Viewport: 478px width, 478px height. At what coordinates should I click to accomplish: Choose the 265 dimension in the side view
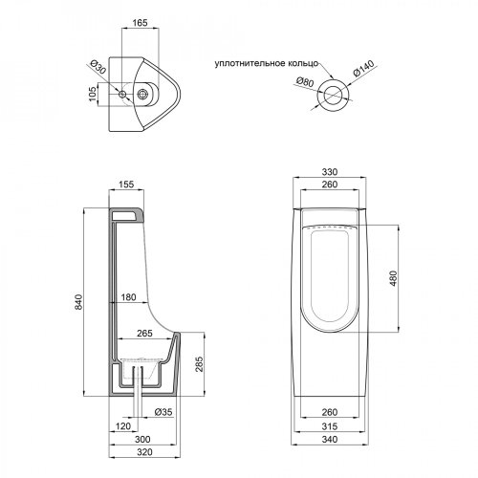pyautogui.click(x=146, y=334)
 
